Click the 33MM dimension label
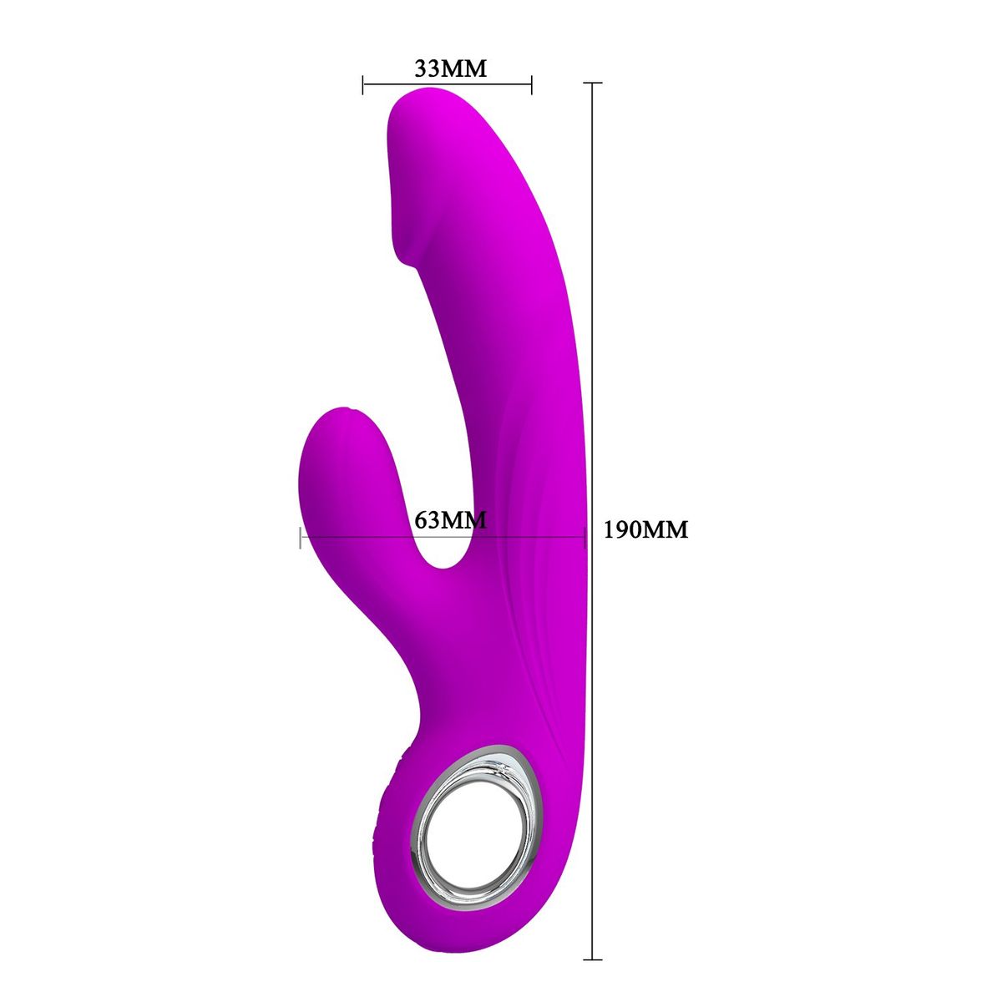click(x=450, y=68)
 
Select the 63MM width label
click(x=450, y=519)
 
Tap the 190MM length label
click(x=645, y=529)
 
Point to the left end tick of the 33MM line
click(x=363, y=83)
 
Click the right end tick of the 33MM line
click(x=532, y=83)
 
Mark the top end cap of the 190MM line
click(x=593, y=83)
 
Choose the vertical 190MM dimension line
click(x=593, y=334)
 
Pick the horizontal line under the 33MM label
click(x=448, y=83)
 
